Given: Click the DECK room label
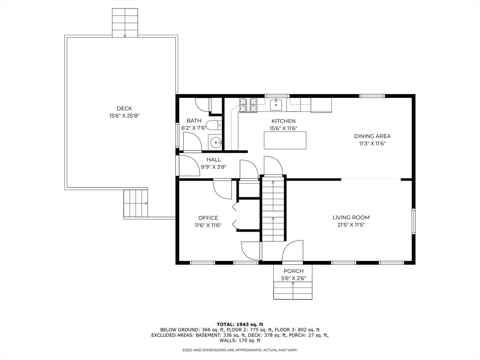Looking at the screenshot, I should [124, 108].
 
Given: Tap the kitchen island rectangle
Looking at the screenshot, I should [285, 140].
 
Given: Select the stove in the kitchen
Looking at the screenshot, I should [248, 105].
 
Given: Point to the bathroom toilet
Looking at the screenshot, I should [214, 125].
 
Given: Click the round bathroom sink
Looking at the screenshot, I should [215, 142].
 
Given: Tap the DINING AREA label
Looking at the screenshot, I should [372, 136].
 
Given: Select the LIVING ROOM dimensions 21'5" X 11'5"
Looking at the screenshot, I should [351, 225].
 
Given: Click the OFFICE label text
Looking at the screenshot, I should [208, 218].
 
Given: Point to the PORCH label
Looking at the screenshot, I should [293, 271].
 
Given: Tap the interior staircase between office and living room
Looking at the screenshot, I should [273, 208].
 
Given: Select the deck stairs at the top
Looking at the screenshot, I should [125, 22].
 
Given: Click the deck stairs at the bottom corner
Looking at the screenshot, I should [135, 203].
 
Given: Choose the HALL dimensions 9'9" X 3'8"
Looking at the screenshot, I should [213, 166].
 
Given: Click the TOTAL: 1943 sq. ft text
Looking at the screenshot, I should [240, 324].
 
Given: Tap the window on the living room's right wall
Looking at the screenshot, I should [413, 220].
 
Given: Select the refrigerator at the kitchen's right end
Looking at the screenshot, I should [321, 105].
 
